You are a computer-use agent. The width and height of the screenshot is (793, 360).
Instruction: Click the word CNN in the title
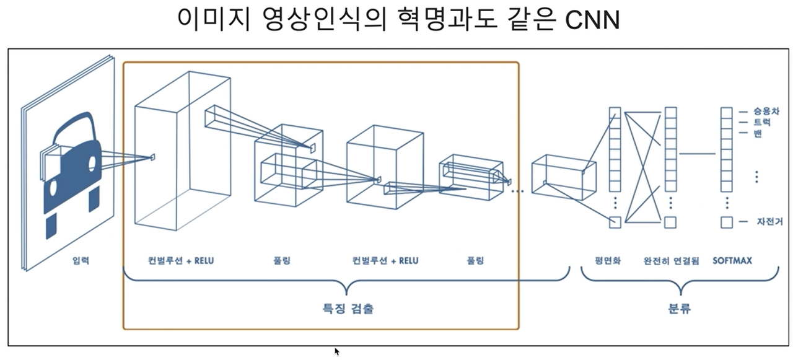coord(593,20)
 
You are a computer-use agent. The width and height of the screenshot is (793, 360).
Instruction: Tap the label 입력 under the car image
coord(81,261)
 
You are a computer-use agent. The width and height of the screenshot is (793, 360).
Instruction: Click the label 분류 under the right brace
coord(680,308)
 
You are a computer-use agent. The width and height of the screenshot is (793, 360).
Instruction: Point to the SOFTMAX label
coord(732,261)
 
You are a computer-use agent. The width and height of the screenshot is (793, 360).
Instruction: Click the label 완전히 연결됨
coord(671,261)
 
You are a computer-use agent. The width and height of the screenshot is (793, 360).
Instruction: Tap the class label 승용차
coord(766,112)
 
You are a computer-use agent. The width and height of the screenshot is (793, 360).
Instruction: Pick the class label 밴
coord(758,134)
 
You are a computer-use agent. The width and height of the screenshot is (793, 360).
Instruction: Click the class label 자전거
coord(769,221)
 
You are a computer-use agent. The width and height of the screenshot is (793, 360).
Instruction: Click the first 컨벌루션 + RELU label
coord(181,261)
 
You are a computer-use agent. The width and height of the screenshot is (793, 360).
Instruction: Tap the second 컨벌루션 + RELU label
coord(385,261)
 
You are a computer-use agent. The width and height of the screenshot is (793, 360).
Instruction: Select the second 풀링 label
coord(475,261)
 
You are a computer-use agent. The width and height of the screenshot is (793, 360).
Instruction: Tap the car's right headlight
coord(92,164)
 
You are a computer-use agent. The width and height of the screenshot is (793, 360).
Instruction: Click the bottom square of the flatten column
coord(615,222)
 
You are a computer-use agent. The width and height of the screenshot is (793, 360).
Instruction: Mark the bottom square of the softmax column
coord(727,222)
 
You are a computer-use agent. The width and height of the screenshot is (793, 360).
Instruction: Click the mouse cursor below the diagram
coord(337,351)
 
